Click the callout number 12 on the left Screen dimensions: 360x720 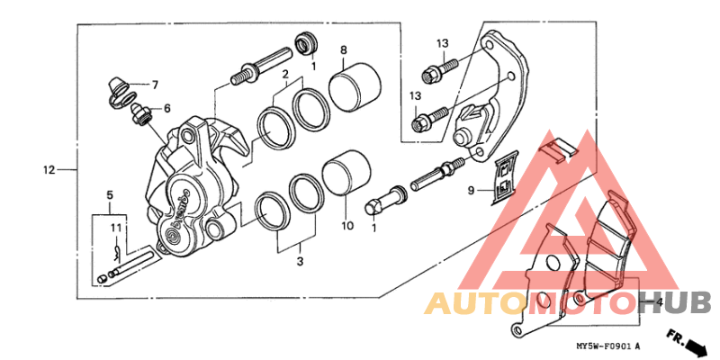(x=49, y=169)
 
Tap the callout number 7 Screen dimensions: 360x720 (x=154, y=85)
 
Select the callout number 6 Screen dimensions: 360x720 (x=166, y=109)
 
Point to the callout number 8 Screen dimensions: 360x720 (x=344, y=49)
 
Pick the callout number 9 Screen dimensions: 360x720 (x=470, y=191)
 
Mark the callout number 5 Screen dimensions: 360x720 (x=110, y=194)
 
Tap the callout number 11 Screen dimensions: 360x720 (x=115, y=228)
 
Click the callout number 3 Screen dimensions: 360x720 (x=301, y=262)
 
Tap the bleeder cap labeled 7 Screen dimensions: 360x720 (x=115, y=90)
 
